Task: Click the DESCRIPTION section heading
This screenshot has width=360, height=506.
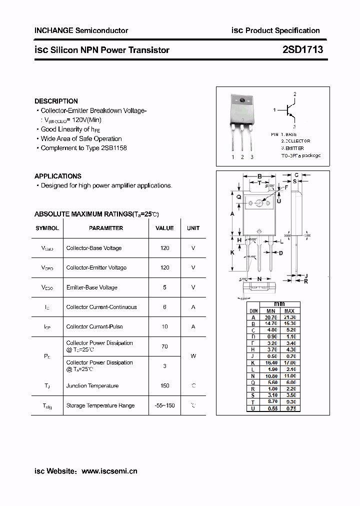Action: tap(56, 101)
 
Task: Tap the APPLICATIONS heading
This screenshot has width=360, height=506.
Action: tap(57, 176)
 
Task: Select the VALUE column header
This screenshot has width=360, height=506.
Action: tap(164, 228)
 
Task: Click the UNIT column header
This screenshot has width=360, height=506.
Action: tap(193, 228)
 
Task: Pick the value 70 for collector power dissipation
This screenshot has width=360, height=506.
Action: tap(164, 346)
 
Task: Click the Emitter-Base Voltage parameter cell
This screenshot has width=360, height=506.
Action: tap(91, 287)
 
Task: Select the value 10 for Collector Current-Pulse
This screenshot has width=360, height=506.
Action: tap(164, 326)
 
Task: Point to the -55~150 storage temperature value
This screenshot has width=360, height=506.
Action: tap(164, 405)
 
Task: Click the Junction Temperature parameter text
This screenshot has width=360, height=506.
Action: tap(92, 385)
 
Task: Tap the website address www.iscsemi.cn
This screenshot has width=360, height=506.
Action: tap(109, 471)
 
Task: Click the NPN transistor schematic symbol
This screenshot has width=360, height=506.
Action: tap(289, 110)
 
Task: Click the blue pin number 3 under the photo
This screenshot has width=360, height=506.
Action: tap(252, 157)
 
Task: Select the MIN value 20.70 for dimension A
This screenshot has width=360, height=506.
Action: tap(270, 317)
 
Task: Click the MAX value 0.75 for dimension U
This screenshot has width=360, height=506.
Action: tap(289, 408)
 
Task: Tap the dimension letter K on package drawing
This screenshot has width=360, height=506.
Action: tap(232, 252)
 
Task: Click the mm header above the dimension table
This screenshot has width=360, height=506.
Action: tap(279, 304)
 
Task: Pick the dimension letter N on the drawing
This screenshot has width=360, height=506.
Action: tap(259, 278)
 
